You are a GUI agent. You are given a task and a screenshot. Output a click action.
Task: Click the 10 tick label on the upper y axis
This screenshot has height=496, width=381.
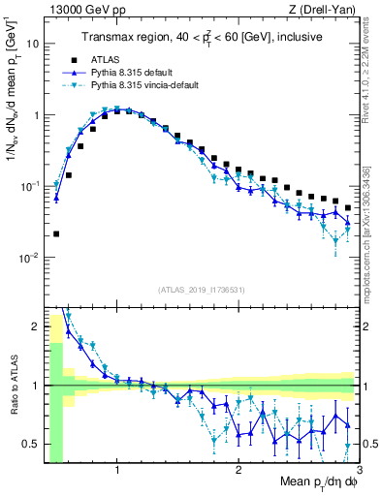coord(34,44)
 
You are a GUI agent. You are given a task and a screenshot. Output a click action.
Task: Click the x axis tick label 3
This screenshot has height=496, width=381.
coord(359,472)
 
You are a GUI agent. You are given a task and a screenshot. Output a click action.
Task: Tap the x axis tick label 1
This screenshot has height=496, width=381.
coord(117,472)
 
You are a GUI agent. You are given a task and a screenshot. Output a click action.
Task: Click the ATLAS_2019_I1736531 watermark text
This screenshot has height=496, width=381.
coord(202,290)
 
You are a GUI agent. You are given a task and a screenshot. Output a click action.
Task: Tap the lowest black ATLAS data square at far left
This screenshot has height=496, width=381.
coord(56,233)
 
